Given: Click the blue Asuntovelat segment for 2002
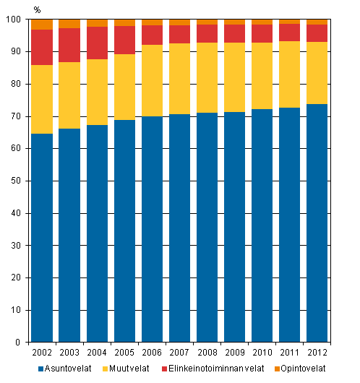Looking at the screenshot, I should [x=42, y=238].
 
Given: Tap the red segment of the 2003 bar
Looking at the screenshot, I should [x=69, y=45].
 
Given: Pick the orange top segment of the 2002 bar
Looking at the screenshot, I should [x=42, y=25].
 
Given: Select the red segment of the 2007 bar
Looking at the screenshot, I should [x=179, y=34].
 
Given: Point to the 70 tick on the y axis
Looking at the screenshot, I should [x=18, y=116].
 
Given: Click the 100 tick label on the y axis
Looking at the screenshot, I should [x=16, y=20].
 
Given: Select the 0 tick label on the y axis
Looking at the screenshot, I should [x=21, y=343].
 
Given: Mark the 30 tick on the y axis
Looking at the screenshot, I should [x=18, y=246].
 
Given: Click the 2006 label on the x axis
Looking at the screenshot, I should [x=152, y=352].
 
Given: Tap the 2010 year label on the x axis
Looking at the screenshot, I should [x=262, y=352].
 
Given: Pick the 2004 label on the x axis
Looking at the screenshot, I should [x=97, y=352].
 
